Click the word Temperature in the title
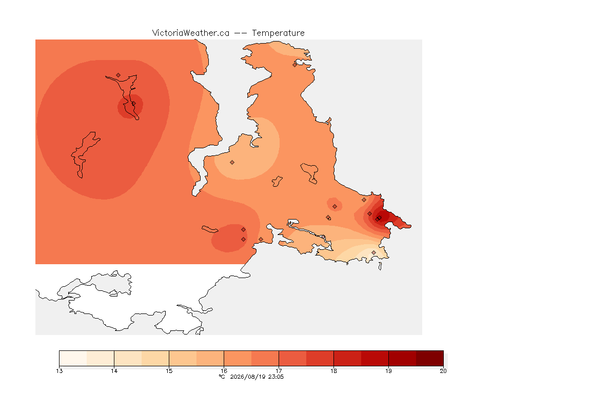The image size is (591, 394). (x=278, y=33)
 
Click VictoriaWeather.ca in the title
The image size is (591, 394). (x=191, y=33)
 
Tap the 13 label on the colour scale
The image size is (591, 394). (x=59, y=371)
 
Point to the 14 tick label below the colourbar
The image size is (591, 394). (x=114, y=371)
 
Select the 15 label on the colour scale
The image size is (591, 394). (x=169, y=371)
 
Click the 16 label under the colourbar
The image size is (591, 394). (x=224, y=371)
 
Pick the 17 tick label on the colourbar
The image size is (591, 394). (x=279, y=371)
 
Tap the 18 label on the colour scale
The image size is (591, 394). (x=333, y=371)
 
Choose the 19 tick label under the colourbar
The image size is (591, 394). (x=388, y=371)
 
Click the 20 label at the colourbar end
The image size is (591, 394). (x=443, y=371)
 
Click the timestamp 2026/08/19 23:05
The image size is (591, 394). (x=257, y=377)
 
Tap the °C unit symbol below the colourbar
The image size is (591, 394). (x=222, y=377)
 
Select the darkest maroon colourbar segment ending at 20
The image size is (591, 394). (x=430, y=358)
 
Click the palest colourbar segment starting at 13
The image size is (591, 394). (x=73, y=358)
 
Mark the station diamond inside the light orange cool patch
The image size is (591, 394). (x=232, y=163)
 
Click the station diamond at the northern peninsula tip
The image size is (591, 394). (x=295, y=65)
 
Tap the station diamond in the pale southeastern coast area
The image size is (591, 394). (x=373, y=252)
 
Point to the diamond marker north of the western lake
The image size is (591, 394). (x=119, y=75)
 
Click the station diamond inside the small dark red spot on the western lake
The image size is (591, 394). (x=133, y=104)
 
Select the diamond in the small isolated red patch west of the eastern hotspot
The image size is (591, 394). (x=334, y=207)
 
